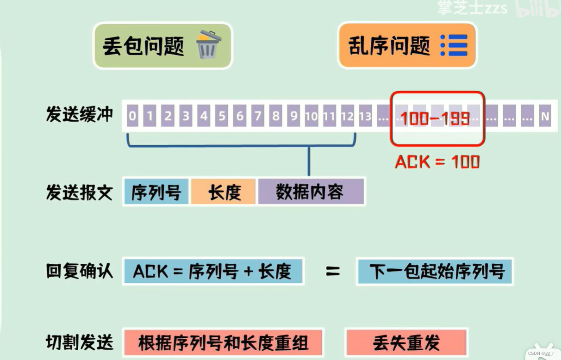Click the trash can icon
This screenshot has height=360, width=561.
coord(208,44)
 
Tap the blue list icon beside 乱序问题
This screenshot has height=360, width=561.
coord(454,45)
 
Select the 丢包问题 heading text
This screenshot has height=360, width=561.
coord(143,46)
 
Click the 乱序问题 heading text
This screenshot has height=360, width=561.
coord(389,46)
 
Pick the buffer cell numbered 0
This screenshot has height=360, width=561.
coord(132,116)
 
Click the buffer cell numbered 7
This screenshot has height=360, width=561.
coord(258,116)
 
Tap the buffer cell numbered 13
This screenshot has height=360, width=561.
coord(365,116)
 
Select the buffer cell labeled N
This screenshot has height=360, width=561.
coord(545,116)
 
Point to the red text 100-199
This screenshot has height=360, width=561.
coord(435,118)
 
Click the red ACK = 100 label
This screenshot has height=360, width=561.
coord(437,161)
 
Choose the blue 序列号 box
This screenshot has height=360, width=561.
coord(156,192)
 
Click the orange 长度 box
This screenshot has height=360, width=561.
coord(224,192)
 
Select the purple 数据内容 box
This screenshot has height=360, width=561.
coord(310,192)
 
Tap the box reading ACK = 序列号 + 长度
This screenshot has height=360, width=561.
coord(212,271)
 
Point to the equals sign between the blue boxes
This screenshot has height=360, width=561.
coord(332,271)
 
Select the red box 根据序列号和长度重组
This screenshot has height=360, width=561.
coord(223,343)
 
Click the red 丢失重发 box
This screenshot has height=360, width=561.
coord(406,343)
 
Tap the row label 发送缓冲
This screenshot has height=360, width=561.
coord(79,114)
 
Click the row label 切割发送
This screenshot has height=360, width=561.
coord(79,343)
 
